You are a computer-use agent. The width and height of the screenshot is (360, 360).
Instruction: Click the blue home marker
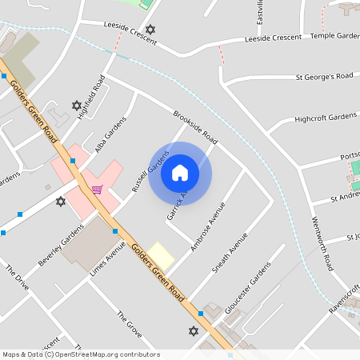point(180,172)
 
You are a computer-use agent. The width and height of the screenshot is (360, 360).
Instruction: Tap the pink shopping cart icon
point(97,190)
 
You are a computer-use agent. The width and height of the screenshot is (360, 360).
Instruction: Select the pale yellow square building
point(162,256)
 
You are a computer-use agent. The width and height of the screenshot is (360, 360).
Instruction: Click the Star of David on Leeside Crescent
point(150,30)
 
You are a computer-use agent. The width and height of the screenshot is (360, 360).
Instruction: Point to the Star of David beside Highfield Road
point(77,105)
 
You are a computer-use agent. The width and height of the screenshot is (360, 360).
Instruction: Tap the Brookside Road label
point(195,126)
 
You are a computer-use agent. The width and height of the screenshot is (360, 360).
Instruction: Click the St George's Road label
point(324,77)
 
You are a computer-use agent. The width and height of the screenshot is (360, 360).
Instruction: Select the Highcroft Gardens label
point(325,118)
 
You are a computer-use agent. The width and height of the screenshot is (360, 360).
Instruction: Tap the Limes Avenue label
point(108,261)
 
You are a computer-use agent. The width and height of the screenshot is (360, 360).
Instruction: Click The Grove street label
point(129,323)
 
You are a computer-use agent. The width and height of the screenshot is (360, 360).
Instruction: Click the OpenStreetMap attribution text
point(81,354)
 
